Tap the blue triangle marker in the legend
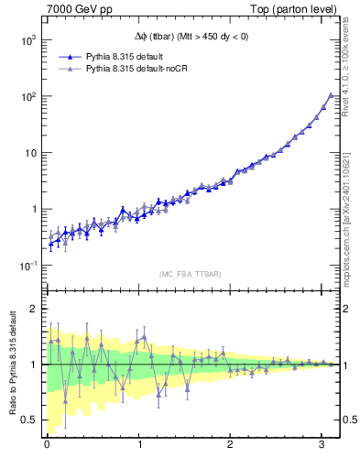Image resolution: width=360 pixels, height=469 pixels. coord(68,56)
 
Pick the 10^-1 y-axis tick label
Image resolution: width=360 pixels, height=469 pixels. coord(27,265)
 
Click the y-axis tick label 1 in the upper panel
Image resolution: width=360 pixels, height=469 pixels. coord(34,209)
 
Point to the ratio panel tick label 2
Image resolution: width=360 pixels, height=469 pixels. coord(34,309)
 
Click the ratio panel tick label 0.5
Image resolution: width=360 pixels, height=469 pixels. coord(29,420)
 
